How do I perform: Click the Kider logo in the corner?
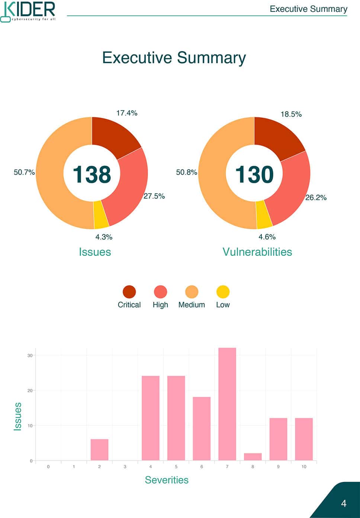click(28, 12)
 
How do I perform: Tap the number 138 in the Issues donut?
click(92, 174)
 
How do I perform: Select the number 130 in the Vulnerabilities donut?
click(254, 174)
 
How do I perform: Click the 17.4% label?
click(127, 113)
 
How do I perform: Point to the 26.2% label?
click(316, 197)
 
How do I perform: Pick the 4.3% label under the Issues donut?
click(104, 237)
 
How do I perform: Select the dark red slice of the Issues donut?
click(113, 136)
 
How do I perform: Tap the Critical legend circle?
click(129, 292)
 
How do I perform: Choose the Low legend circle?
click(223, 292)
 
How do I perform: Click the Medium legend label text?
click(192, 305)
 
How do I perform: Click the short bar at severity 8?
click(253, 457)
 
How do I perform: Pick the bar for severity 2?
click(99, 450)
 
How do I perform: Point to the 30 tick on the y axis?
click(30, 355)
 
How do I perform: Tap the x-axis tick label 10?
click(304, 467)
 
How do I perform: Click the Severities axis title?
click(167, 480)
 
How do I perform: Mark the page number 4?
click(344, 503)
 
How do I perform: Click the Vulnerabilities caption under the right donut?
click(257, 252)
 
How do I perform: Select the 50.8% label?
click(186, 172)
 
